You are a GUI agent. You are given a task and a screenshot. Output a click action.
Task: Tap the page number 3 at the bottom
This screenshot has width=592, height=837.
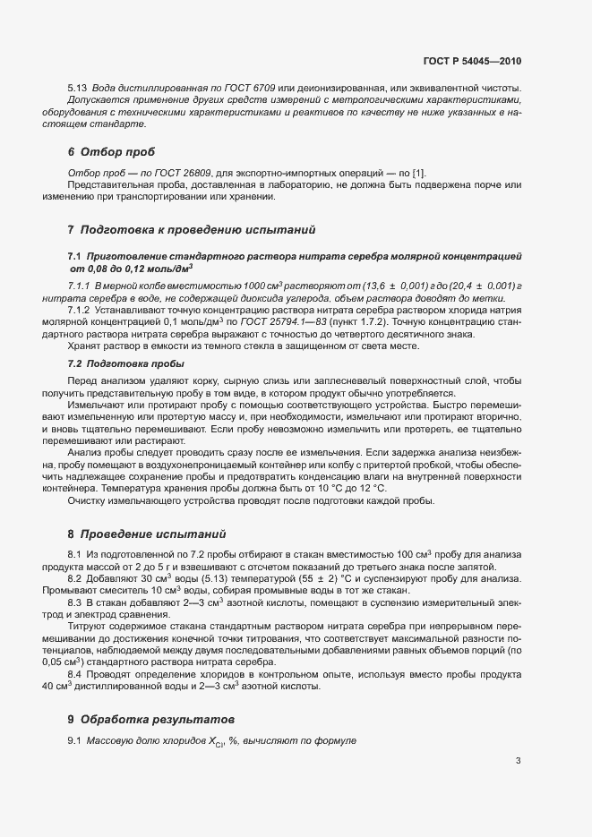pyautogui.click(x=518, y=762)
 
